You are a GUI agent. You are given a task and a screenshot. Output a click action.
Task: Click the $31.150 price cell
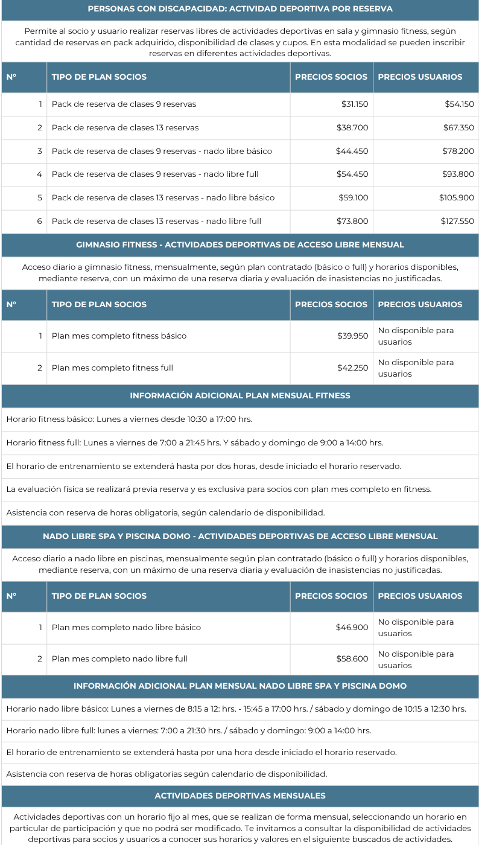pos(354,104)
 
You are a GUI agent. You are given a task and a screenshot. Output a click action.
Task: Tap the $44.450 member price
pos(352,151)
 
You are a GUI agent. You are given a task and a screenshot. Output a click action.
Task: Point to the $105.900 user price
pos(456,198)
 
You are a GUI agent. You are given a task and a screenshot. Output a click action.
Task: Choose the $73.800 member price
pos(352,222)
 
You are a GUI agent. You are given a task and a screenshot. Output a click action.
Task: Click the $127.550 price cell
pos(457,222)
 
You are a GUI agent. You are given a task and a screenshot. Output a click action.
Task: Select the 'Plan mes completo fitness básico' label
pos(119,336)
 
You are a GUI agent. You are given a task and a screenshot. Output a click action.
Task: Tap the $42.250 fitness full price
pos(352,368)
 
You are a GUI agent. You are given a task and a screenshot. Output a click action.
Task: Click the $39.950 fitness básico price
pos(352,336)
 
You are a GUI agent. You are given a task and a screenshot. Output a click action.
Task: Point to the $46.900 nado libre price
pos(352,628)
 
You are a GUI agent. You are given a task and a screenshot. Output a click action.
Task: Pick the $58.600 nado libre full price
pos(352,659)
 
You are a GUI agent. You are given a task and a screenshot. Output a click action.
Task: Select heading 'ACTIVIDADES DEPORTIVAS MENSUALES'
pos(240,796)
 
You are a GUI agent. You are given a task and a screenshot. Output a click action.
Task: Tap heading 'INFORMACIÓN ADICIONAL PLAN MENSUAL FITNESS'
pos(240,396)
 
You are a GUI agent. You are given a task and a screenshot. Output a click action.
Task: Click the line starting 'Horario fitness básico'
pos(129,419)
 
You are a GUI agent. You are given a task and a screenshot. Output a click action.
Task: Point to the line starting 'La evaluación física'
pos(218,489)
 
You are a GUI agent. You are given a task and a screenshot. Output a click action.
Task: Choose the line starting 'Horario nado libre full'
pos(188,731)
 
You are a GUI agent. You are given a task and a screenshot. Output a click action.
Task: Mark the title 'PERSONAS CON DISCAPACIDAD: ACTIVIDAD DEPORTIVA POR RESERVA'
pos(240,9)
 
